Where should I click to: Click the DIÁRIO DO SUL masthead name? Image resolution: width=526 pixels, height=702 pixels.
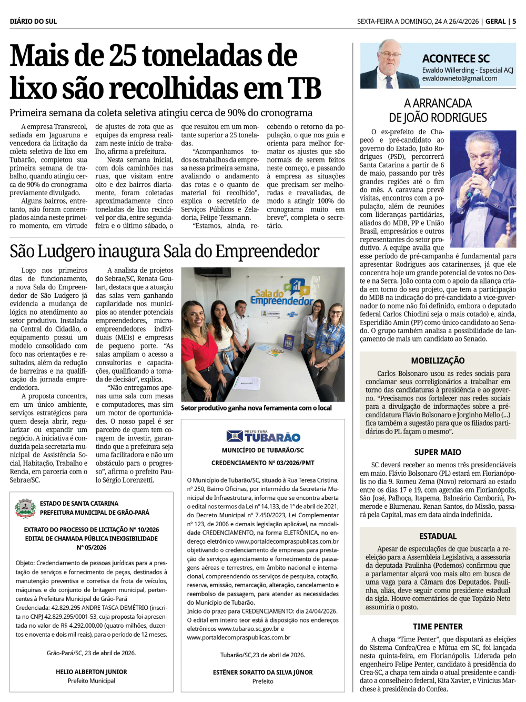click(33, 22)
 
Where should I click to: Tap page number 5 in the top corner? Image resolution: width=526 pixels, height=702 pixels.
click(514, 22)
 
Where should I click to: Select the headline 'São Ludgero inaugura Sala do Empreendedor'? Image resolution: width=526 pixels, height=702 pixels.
click(165, 252)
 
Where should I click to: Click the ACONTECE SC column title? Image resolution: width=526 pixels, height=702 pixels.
click(456, 59)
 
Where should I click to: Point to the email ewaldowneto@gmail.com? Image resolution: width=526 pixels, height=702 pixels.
click(459, 78)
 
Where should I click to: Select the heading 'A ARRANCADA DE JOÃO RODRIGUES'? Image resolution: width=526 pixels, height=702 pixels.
click(438, 111)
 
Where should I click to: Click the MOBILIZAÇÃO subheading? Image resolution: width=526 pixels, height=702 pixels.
click(438, 360)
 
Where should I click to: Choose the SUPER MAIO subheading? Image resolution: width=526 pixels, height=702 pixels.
click(438, 452)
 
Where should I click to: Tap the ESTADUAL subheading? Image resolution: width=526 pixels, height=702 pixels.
click(438, 536)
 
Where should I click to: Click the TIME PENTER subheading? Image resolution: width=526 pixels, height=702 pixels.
click(438, 627)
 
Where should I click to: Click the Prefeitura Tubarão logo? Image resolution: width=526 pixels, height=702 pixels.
click(263, 436)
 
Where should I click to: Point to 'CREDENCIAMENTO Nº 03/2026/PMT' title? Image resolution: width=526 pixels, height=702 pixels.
click(263, 463)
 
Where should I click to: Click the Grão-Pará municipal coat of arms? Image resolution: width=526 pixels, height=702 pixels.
click(25, 508)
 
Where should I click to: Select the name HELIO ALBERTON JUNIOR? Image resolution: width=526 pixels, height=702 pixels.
click(92, 672)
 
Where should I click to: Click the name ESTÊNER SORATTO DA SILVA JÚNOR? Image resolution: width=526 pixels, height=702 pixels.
click(263, 673)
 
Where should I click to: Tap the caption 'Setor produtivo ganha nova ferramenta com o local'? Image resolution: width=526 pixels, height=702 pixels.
click(256, 408)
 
